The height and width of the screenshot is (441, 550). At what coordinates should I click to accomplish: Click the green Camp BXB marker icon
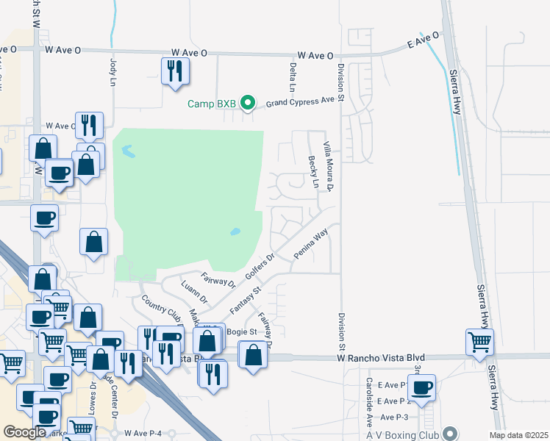coord(248,103)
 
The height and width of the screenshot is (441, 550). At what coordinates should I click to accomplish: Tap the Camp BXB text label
coord(211,104)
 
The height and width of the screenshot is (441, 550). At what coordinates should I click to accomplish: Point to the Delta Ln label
coord(293,76)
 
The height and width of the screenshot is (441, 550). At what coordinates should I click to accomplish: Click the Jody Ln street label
coord(113,72)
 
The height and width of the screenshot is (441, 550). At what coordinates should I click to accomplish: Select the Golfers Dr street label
coord(260,267)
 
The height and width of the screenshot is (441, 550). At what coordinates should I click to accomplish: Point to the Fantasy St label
coord(246,301)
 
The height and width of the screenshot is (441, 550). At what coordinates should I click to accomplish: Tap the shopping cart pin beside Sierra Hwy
coord(479,341)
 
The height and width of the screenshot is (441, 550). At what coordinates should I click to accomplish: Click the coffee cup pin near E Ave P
coord(422,387)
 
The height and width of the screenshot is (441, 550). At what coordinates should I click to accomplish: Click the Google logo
coord(25,432)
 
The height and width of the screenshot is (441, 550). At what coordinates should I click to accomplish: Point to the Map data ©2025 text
coord(518,435)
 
